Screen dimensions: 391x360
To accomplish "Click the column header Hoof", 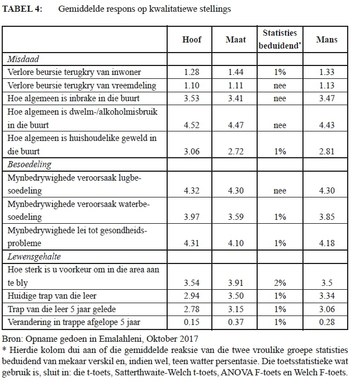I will pos(192,40).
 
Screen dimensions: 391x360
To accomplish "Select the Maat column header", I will pos(235,40).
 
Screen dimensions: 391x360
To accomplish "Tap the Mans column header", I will pos(325,40).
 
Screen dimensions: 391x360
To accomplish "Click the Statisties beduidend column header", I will pos(280,40).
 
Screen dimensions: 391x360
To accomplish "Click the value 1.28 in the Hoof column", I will pos(192,72).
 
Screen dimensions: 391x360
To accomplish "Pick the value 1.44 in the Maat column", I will pos(235,72).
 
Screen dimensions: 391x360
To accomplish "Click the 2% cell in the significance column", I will pos(280,283).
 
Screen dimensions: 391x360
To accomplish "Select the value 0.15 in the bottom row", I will pos(192,322).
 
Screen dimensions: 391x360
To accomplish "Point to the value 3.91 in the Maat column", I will pos(235,283).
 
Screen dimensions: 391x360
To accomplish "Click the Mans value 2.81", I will pos(325,150).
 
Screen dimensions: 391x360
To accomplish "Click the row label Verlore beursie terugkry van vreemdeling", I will pos(74,85).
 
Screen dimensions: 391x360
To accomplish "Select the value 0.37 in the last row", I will pos(235,322).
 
